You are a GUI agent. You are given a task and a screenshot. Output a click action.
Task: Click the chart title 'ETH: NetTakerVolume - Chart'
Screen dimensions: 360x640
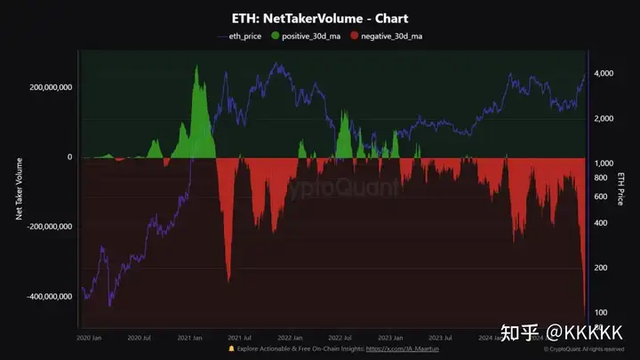point(320,18)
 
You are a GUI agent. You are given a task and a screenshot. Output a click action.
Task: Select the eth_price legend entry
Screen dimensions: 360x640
point(243,36)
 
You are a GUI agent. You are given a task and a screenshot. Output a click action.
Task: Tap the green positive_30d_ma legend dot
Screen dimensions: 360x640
point(276,36)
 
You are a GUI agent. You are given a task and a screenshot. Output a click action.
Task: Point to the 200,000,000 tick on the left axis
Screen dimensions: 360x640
point(50,87)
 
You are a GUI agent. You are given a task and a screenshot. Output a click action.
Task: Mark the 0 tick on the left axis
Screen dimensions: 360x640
point(69,157)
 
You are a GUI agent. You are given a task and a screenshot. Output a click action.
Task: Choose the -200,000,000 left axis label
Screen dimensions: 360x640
point(49,227)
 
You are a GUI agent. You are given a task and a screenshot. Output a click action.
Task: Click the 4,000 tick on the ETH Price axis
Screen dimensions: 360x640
point(604,74)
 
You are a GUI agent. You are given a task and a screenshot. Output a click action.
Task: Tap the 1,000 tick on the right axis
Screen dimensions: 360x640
point(604,164)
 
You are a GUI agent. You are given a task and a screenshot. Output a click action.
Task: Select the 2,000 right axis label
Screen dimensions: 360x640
point(604,119)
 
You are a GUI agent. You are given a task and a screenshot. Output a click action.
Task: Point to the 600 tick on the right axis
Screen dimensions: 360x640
point(601,196)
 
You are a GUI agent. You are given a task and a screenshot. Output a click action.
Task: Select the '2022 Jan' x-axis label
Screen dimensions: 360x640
point(290,338)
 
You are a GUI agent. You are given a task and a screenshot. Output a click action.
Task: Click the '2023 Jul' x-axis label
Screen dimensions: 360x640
point(442,338)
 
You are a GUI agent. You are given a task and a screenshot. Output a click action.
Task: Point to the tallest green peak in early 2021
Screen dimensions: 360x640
point(196,68)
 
